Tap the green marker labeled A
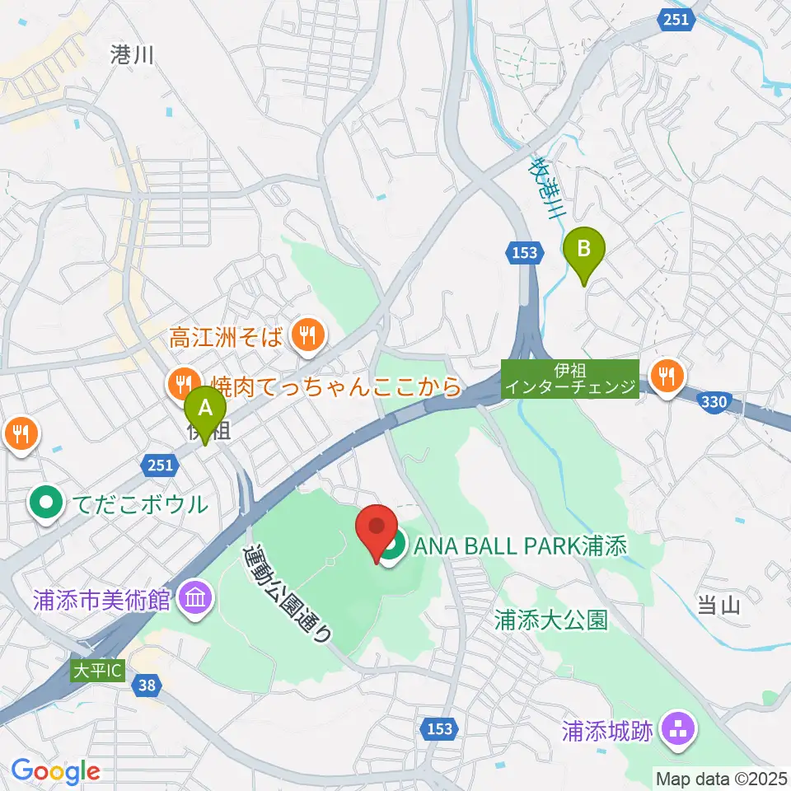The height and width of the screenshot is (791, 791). [x=204, y=410]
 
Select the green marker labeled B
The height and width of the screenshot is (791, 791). [x=583, y=251]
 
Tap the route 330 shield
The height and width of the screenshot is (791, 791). [x=715, y=401]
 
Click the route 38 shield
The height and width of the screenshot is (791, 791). [x=146, y=684]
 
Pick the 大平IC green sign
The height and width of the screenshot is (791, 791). [x=96, y=671]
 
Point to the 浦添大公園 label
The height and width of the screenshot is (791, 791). [x=551, y=620]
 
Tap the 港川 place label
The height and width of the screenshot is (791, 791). [x=133, y=54]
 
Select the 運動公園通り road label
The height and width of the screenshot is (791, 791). [x=290, y=593]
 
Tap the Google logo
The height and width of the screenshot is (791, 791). [x=55, y=771]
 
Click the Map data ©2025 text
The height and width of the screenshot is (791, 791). [x=721, y=777]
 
